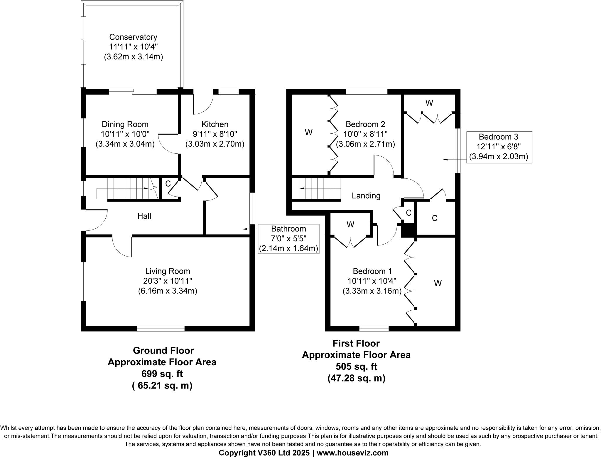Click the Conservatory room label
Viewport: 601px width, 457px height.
click(x=133, y=37)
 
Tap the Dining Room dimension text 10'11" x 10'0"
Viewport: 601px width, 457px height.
click(x=125, y=134)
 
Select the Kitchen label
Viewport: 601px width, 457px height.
click(x=215, y=124)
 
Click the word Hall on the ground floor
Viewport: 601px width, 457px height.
click(x=144, y=216)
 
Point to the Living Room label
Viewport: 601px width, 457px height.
click(x=168, y=271)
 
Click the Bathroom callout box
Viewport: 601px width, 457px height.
click(x=288, y=238)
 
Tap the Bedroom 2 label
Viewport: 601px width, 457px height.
click(x=365, y=124)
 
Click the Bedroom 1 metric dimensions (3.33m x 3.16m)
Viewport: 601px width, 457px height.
click(x=372, y=291)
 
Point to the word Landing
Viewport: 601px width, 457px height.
click(x=366, y=196)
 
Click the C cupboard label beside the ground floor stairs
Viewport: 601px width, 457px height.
click(x=168, y=184)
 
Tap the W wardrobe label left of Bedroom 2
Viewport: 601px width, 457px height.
click(x=308, y=133)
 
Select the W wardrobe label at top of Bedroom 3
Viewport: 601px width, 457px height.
click(x=429, y=103)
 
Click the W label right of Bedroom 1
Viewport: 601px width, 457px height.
click(x=438, y=283)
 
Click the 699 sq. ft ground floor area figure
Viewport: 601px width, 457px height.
click(x=162, y=374)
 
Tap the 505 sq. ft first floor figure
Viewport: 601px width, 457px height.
click(x=356, y=366)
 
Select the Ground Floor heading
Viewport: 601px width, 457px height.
click(x=163, y=350)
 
